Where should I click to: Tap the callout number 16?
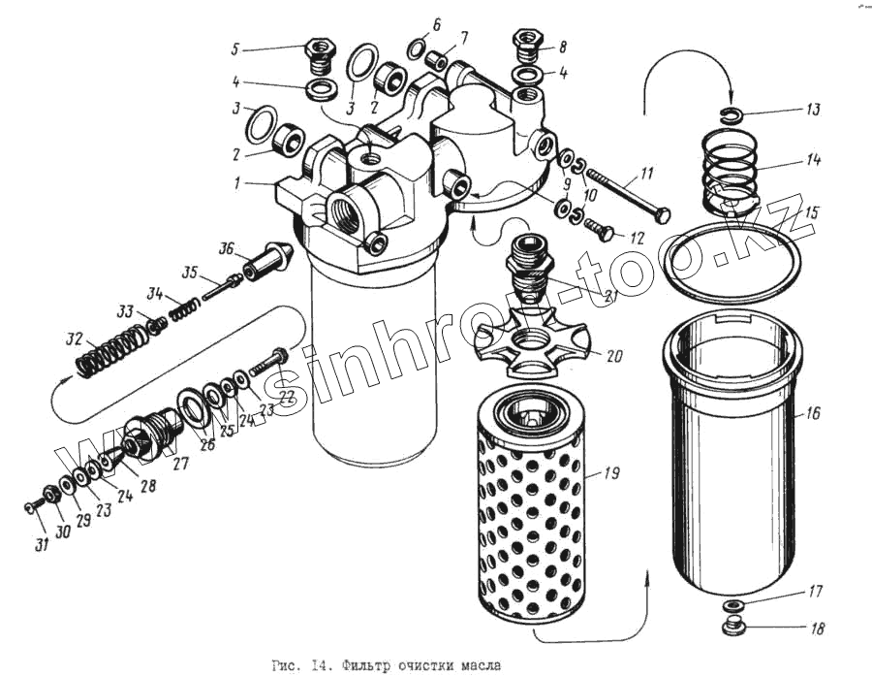[x=813, y=413]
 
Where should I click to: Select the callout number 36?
[x=227, y=249]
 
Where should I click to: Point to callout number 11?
[x=646, y=174]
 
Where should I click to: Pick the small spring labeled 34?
[x=184, y=307]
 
